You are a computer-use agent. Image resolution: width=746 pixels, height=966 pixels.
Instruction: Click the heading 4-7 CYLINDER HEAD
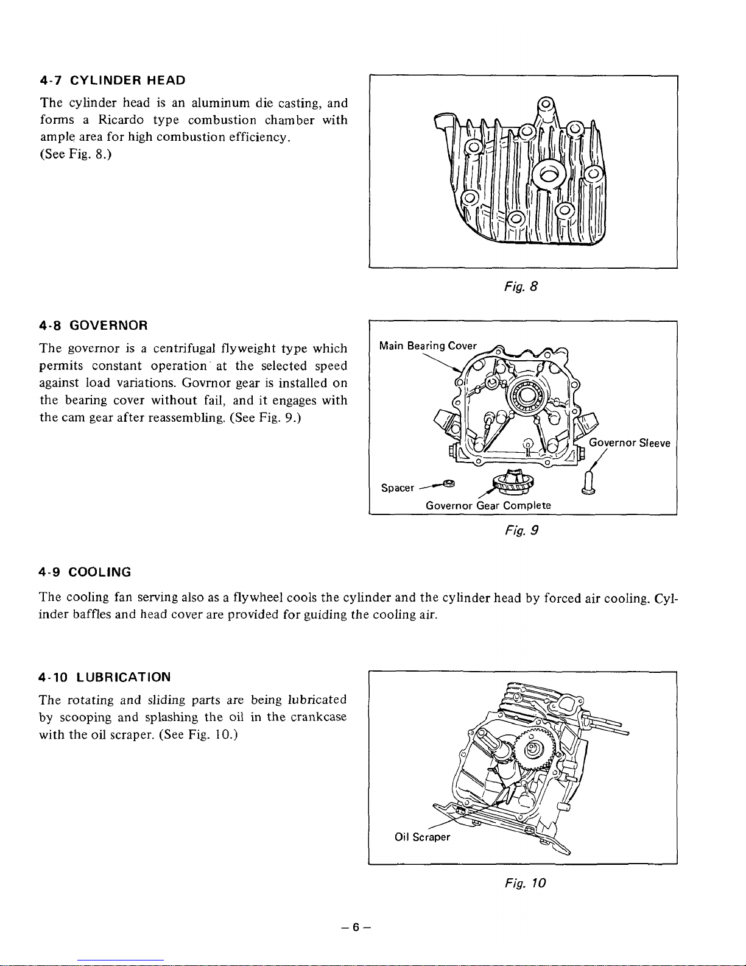(x=112, y=80)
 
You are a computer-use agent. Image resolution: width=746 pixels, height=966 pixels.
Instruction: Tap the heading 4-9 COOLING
(x=85, y=572)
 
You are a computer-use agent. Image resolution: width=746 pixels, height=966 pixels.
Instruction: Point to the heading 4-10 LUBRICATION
(x=104, y=677)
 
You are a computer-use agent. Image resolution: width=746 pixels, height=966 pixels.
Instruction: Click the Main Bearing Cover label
(x=427, y=346)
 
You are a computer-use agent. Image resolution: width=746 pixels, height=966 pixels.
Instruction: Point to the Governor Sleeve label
(x=630, y=443)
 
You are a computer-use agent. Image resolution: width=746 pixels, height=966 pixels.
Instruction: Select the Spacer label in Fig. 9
(x=397, y=488)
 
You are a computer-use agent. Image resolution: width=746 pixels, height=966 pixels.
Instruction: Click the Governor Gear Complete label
(x=488, y=506)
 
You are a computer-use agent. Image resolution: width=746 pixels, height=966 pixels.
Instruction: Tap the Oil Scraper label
(x=422, y=837)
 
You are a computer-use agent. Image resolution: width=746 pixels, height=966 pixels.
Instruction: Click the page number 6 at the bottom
(x=356, y=928)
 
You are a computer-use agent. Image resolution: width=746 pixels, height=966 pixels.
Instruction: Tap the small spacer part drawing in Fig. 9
(x=449, y=483)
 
